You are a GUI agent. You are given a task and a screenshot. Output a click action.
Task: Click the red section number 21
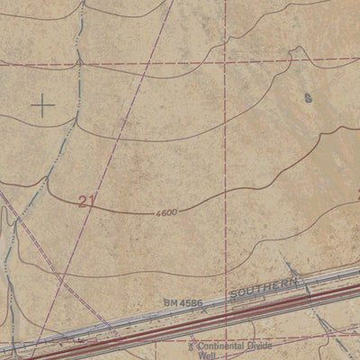coord(86,201)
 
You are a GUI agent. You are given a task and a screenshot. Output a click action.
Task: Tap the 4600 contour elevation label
coord(166,212)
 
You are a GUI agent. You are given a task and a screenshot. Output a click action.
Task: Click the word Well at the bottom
coord(208,355)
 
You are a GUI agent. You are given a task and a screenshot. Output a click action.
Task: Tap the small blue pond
coord(308,97)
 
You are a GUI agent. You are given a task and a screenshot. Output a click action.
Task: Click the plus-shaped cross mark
coord(42,105)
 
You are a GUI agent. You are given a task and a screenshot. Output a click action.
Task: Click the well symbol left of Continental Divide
coord(191,344)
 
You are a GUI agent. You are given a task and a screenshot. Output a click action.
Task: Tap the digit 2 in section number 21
coord(82,201)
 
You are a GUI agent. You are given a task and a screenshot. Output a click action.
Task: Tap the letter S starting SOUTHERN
coord(233,298)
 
